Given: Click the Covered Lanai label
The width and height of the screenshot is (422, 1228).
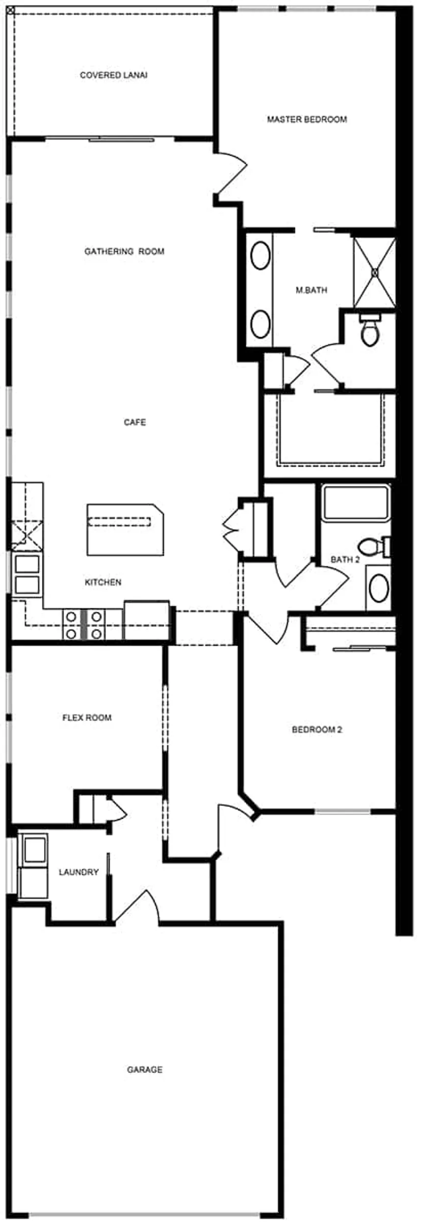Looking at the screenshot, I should (x=114, y=75).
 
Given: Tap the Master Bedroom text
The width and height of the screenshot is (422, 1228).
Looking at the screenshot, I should (x=307, y=119).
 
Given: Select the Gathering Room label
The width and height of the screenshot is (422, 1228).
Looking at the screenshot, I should (x=124, y=251).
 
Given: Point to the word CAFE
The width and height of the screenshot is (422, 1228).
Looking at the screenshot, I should (x=134, y=422).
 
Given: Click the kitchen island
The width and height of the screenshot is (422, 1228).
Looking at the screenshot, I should (x=125, y=529).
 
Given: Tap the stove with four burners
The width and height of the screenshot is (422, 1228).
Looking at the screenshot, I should (x=84, y=625).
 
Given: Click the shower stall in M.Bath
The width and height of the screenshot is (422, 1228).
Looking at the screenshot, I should (x=375, y=272).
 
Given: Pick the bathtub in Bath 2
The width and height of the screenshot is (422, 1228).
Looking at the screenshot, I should (x=356, y=502).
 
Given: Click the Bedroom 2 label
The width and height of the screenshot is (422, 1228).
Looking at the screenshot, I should (x=316, y=729).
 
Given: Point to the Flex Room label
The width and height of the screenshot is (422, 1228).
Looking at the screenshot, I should (x=87, y=718).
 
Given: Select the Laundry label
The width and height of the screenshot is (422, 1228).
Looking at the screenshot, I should (x=79, y=872).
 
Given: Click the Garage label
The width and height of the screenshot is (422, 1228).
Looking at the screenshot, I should (x=144, y=1070).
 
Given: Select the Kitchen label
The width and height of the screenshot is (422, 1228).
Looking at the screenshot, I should (x=103, y=582).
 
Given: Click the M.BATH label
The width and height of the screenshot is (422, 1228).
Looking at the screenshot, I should (x=311, y=290).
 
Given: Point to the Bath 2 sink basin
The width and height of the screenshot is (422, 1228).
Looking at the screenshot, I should (x=378, y=589).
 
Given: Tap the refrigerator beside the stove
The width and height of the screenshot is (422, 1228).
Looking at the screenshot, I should (x=147, y=620).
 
